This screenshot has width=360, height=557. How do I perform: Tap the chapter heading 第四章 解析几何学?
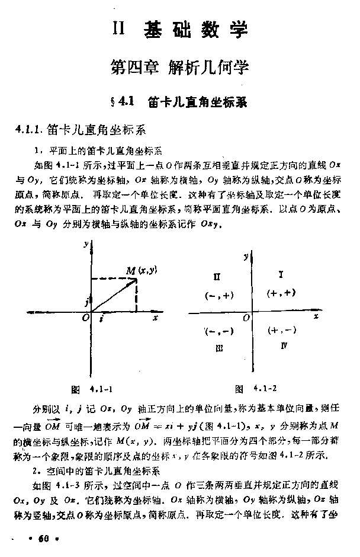point(179,67)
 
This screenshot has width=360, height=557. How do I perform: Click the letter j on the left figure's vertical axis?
point(86,302)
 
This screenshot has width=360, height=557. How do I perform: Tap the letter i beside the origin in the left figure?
point(101,319)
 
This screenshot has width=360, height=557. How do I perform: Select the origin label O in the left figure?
point(86,319)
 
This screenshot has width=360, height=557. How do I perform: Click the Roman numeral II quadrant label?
point(217,277)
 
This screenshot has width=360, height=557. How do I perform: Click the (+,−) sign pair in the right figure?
point(281,331)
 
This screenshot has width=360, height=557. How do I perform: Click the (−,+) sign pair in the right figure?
point(218,294)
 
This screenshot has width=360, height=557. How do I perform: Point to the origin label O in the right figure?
point(245,319)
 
